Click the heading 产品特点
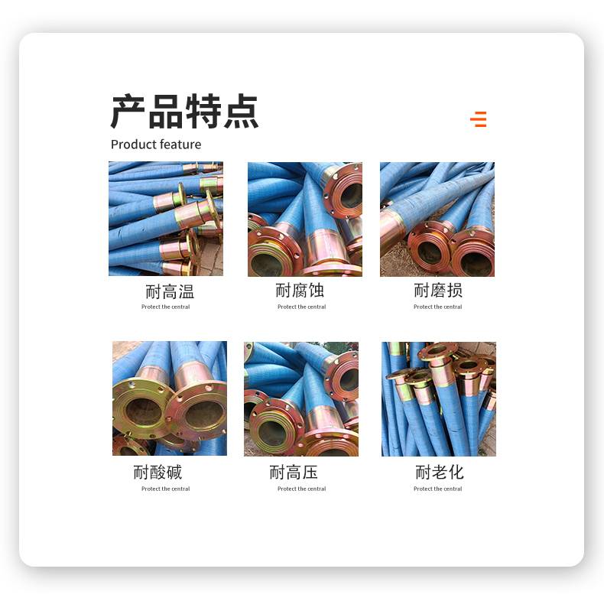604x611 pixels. pos(184,112)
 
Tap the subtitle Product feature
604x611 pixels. pos(156,145)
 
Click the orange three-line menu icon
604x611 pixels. pos(478,119)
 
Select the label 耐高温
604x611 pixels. pos(170,292)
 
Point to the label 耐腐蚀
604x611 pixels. pos(300,291)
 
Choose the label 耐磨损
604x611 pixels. pos(438,291)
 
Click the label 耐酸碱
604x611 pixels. pos(157,473)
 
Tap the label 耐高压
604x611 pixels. pos(294,473)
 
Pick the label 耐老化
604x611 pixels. pos(440,473)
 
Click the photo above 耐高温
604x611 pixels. pos(166,219)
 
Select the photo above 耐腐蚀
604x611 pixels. pos(305,219)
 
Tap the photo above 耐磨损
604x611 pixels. pos(437,219)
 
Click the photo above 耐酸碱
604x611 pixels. pos(170,398)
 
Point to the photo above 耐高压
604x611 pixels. pos(301,399)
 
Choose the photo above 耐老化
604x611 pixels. pos(439,399)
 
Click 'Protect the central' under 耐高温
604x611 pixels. pos(166,307)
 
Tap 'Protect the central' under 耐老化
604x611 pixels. pos(437,489)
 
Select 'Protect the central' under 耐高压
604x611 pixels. pos(301,489)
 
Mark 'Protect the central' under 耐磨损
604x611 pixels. pos(437,307)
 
